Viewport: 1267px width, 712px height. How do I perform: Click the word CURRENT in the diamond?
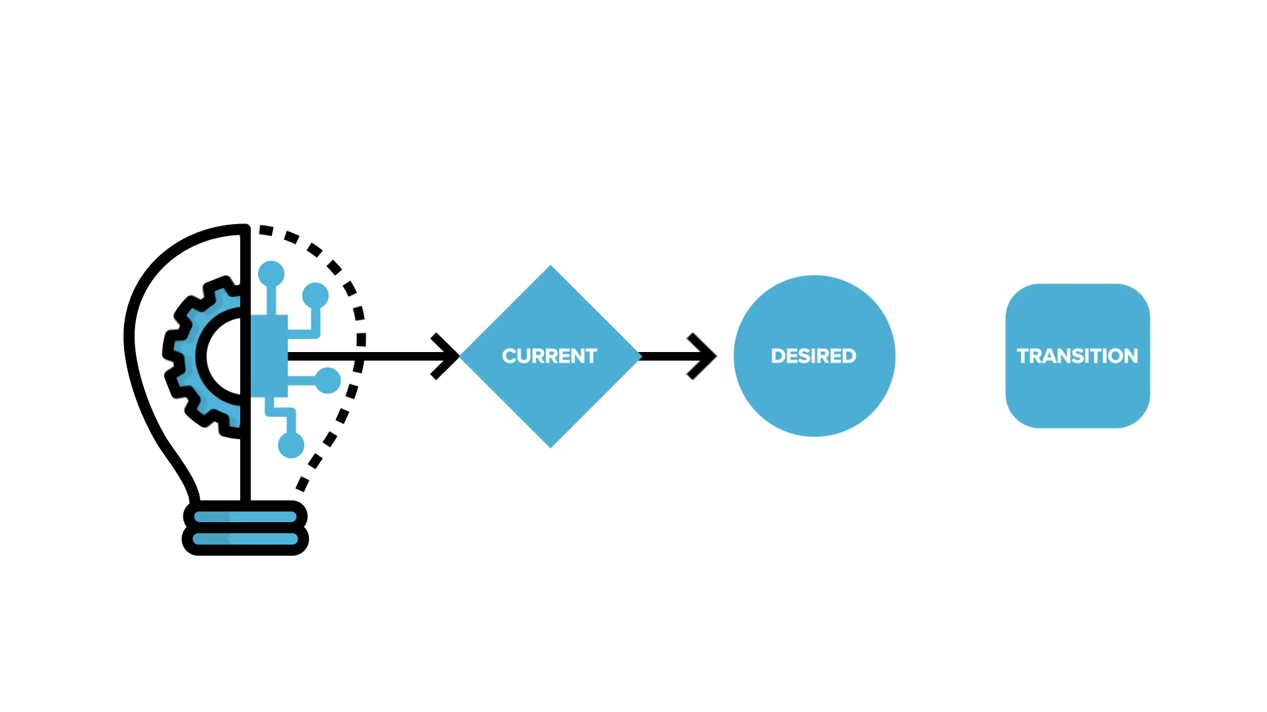[549, 356]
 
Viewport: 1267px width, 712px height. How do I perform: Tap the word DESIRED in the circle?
[814, 356]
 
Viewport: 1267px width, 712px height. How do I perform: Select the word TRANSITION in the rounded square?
[1078, 356]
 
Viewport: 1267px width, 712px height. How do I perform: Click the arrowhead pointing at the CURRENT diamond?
[446, 356]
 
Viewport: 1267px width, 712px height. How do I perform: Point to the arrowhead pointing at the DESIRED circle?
[703, 356]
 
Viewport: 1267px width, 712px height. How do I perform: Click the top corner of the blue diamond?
[550, 265]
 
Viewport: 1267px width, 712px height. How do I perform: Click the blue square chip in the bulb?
[269, 356]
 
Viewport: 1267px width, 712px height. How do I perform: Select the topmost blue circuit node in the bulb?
[271, 274]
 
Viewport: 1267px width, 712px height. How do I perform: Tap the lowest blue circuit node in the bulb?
[291, 445]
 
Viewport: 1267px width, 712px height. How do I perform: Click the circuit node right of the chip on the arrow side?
[328, 380]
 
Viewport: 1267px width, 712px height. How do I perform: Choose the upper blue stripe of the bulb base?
[245, 517]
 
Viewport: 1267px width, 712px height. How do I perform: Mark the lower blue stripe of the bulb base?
[245, 539]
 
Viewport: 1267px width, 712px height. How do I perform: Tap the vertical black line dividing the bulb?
[245, 363]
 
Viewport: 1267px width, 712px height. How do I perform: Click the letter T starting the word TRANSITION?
[1023, 356]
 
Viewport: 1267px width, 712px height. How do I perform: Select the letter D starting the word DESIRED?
[777, 356]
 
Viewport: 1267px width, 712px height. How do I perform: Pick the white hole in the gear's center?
[224, 356]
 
